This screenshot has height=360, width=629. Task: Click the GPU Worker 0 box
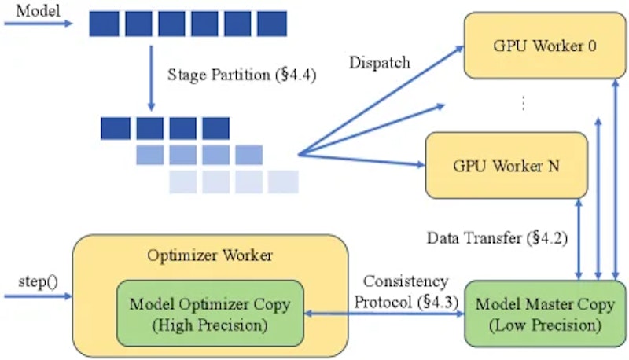click(x=545, y=46)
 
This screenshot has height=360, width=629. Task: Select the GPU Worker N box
click(x=506, y=165)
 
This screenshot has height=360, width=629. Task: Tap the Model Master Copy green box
click(x=545, y=314)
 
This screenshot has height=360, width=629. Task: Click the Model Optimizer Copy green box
click(x=210, y=314)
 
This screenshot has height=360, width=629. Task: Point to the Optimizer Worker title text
click(x=210, y=255)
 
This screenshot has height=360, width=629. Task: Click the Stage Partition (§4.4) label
click(x=242, y=75)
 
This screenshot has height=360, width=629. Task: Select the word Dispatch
click(x=380, y=63)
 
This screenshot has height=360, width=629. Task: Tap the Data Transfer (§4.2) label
click(x=497, y=238)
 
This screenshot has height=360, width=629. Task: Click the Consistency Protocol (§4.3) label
click(x=406, y=292)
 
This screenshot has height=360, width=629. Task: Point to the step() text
click(x=38, y=282)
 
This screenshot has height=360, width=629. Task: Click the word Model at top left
click(x=38, y=10)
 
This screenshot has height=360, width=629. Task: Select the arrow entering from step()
click(x=38, y=296)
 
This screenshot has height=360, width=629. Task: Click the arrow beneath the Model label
click(x=38, y=24)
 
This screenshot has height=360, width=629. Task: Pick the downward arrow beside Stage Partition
click(x=151, y=78)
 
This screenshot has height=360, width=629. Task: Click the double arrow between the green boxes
click(x=384, y=314)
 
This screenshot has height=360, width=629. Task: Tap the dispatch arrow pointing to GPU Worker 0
click(x=381, y=101)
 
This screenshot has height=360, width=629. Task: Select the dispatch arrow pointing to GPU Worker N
click(x=362, y=159)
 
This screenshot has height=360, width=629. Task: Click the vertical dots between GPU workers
click(x=523, y=103)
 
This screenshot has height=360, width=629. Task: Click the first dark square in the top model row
click(x=104, y=24)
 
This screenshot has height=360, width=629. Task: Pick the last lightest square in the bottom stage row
click(x=283, y=182)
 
